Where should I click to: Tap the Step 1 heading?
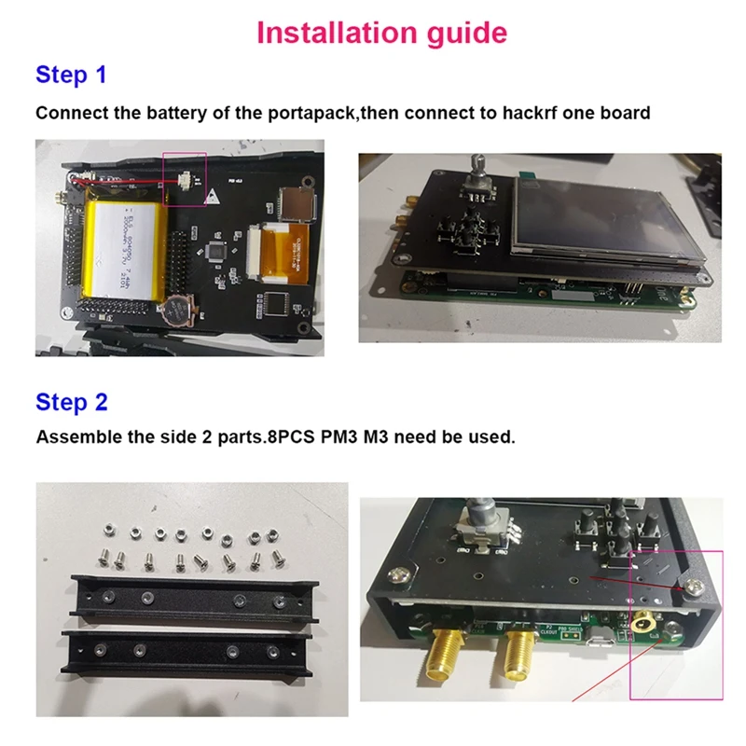click(71, 75)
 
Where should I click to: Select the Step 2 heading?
click(71, 402)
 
